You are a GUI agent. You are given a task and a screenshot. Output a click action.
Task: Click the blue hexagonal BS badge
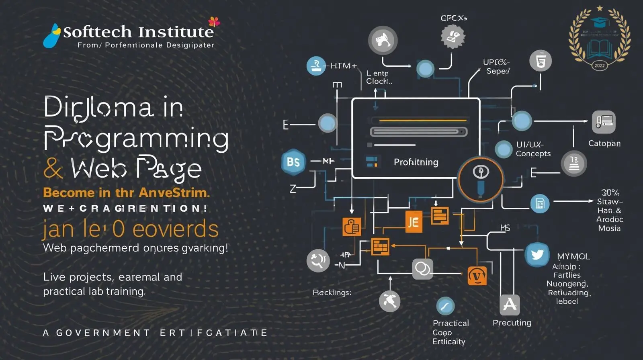pos(293,162)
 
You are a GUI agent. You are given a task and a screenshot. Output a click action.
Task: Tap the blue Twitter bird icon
pos(537,255)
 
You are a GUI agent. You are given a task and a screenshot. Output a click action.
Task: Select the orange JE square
pos(413,222)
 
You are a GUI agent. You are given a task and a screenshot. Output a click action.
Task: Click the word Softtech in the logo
pos(97,32)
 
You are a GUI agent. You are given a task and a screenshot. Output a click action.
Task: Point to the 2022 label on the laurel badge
pos(599,65)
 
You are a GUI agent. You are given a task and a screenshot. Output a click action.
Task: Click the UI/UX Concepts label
pos(533,149)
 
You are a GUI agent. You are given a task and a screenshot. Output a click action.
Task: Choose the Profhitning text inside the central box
pos(416,162)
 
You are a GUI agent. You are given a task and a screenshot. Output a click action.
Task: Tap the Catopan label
pos(604,143)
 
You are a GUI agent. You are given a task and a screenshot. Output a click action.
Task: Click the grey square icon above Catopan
pos(604,122)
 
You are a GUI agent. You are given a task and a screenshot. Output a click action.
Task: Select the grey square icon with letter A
pos(510,304)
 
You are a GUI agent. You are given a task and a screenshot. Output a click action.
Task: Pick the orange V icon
pos(477,276)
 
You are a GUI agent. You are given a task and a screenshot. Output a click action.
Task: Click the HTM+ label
pos(343,65)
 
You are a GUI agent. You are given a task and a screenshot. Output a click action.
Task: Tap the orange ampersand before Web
pos(53,168)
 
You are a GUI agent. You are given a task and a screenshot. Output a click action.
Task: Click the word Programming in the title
pos(136,138)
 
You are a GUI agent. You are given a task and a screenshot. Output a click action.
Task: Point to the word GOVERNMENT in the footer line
pos(103,333)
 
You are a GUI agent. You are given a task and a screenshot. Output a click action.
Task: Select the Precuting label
pos(512,323)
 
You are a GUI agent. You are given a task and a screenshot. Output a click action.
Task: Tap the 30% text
pos(610,192)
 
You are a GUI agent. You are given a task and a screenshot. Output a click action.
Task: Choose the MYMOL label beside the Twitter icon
pos(573,256)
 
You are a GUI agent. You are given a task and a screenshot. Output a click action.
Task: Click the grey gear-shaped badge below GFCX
pos(453,37)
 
